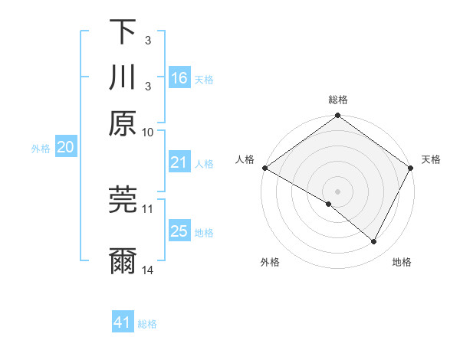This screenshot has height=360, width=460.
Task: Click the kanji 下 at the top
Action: pyautogui.click(x=123, y=32)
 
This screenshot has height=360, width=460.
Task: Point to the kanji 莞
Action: pyautogui.click(x=123, y=199)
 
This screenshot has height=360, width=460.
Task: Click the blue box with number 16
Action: pyautogui.click(x=179, y=78)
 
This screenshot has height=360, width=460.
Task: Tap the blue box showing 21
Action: pyautogui.click(x=179, y=162)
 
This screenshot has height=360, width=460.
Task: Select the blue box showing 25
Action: pyautogui.click(x=179, y=231)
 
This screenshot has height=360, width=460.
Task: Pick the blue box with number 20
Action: pyautogui.click(x=65, y=148)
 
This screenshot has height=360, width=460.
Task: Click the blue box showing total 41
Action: pyautogui.click(x=123, y=323)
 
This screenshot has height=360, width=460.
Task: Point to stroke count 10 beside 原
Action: pyautogui.click(x=148, y=132)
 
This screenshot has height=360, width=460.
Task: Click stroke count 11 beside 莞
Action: pyautogui.click(x=148, y=208)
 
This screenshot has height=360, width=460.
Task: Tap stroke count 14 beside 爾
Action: pyautogui.click(x=148, y=270)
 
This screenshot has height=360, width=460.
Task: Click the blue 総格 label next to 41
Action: pyautogui.click(x=147, y=324)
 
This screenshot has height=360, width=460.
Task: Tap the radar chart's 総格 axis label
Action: pyautogui.click(x=338, y=100)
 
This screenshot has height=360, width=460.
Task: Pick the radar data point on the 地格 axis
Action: pyautogui.click(x=374, y=242)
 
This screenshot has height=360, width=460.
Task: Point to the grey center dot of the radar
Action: pyautogui.click(x=338, y=191)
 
